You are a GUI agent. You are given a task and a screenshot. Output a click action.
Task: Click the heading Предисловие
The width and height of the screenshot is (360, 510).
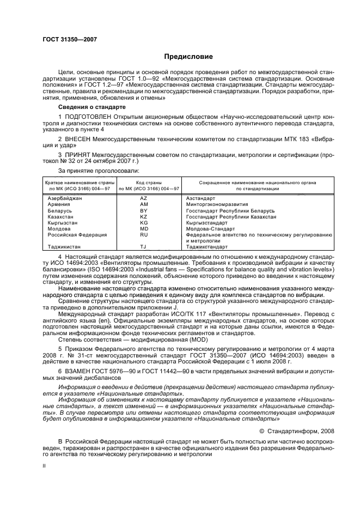click(x=188, y=57)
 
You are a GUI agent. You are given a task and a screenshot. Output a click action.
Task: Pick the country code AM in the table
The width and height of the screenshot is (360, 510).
click(x=144, y=204)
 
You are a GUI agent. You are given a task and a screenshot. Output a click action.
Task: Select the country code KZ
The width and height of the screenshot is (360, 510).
click(x=144, y=216)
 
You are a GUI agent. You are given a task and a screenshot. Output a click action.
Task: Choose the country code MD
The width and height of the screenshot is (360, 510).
click(x=144, y=229)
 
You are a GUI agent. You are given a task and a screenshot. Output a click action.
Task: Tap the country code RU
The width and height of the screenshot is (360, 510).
click(x=144, y=235)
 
